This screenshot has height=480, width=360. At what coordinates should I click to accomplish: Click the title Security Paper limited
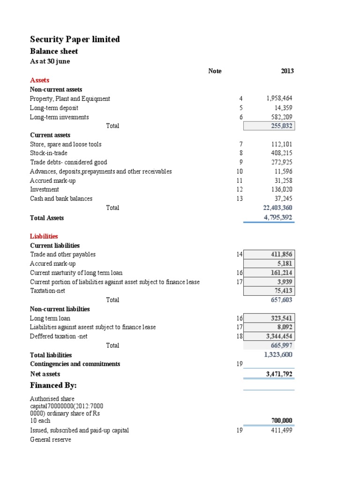75,39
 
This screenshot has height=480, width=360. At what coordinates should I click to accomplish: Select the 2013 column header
287,71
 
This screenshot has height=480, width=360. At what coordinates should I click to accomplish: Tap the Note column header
215,71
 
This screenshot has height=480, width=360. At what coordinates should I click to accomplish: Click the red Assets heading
39,80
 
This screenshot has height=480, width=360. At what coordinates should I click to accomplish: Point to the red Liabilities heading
44,236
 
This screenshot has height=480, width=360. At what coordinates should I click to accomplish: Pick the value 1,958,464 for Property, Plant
279,98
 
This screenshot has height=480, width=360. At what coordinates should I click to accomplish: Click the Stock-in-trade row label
49,153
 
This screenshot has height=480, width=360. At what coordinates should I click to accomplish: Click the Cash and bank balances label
61,198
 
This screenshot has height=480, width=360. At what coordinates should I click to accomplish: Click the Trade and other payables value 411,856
282,254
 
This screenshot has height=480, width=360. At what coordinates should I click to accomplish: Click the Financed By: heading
53,385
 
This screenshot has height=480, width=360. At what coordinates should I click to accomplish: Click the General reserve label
50,440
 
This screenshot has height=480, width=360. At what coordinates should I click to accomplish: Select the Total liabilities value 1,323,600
278,355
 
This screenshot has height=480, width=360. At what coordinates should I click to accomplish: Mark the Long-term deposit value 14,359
283,108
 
